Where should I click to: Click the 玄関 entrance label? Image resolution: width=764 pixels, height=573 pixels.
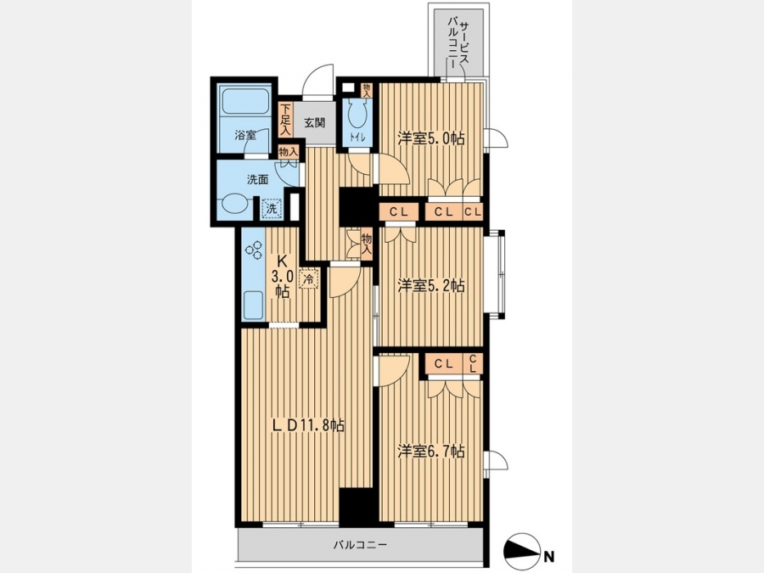[x=315, y=123]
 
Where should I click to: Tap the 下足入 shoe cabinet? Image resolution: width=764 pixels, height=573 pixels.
[x=285, y=120]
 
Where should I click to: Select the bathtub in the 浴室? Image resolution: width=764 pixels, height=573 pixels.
[x=244, y=100]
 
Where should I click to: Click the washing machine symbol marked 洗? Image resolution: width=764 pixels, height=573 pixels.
[x=272, y=209]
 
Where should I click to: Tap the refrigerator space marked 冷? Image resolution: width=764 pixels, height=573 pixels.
[x=308, y=279]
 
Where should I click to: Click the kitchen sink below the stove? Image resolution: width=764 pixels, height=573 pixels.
[x=253, y=306]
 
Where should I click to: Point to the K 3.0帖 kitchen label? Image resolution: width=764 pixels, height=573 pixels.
[x=282, y=277]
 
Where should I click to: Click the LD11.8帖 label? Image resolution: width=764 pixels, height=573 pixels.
[x=308, y=425]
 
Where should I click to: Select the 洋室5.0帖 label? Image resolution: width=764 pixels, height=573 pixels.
[x=430, y=138]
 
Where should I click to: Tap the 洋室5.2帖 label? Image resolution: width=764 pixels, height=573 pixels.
[x=430, y=285]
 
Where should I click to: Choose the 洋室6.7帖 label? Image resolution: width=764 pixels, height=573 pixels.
[x=430, y=452]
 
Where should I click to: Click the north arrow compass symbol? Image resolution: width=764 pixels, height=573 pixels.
[x=523, y=551]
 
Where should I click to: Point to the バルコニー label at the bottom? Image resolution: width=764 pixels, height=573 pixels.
[x=360, y=544]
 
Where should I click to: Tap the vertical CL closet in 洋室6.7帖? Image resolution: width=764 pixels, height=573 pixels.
[x=472, y=363]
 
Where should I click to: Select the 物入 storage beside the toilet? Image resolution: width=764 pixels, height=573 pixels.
[x=366, y=90]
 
